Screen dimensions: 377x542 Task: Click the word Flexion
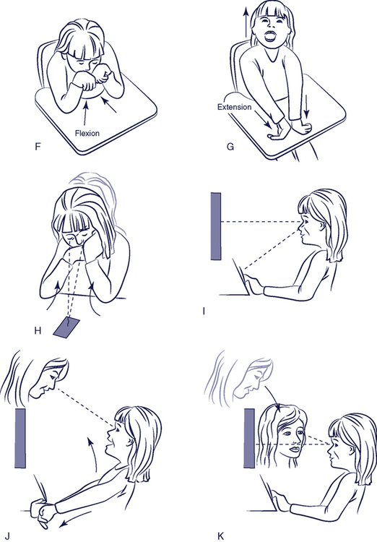coord(87,133)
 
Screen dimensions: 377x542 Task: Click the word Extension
coord(234,107)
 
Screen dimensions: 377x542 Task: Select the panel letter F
coord(38,147)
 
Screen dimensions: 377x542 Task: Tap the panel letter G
coord(230,147)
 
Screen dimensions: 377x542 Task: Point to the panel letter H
coord(38,331)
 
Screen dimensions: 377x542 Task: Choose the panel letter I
coord(204,311)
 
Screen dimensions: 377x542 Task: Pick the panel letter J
coord(7,536)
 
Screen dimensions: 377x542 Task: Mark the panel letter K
coord(221,536)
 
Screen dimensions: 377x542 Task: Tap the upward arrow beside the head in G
coord(246,22)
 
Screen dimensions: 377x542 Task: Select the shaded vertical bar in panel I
coord(216,226)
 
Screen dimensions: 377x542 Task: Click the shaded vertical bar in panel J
coord(20,438)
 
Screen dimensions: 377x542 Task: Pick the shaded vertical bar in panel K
coord(249,439)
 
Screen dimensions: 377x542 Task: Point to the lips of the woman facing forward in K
coord(294,449)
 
